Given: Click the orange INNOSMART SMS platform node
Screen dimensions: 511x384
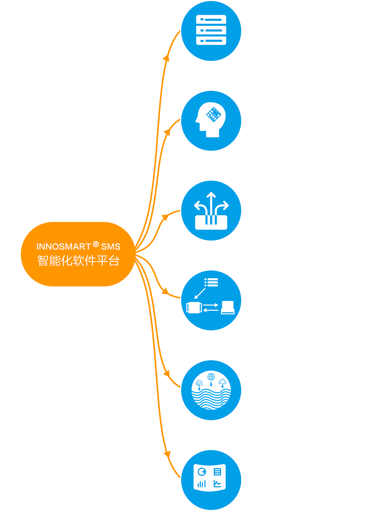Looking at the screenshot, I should (78, 254).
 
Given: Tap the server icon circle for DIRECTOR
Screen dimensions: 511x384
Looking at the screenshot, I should (211, 31).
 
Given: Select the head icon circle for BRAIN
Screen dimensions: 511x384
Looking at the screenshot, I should (211, 121).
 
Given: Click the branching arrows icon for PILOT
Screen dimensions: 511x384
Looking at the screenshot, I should (211, 211).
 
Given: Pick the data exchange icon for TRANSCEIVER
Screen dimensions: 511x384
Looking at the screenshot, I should (211, 300).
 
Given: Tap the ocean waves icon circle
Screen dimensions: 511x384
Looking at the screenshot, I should (211, 390).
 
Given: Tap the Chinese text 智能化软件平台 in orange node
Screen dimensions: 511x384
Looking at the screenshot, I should (79, 261).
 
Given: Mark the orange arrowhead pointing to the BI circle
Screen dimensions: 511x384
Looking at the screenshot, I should (167, 454).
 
